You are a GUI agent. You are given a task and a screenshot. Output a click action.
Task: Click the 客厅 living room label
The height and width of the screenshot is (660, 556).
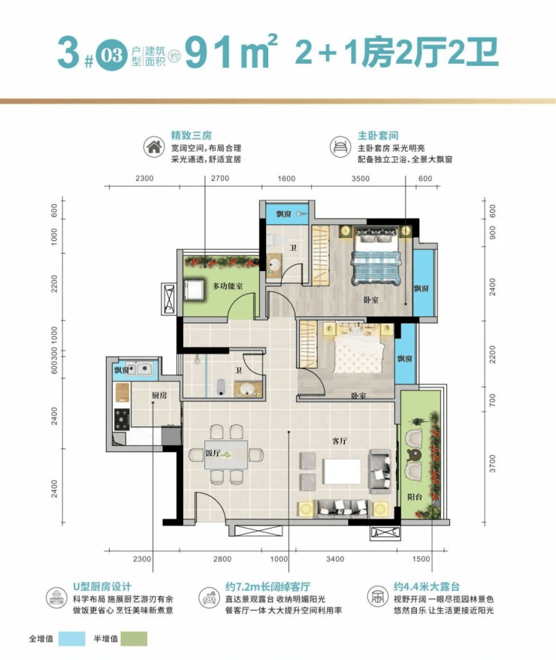[x=340, y=441]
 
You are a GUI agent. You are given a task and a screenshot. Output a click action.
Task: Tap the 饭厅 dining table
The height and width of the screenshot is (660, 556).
[x=226, y=454]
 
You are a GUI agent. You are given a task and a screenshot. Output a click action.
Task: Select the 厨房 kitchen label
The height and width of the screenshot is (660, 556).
[x=159, y=395]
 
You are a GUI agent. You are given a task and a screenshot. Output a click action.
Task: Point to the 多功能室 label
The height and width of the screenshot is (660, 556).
[x=228, y=286]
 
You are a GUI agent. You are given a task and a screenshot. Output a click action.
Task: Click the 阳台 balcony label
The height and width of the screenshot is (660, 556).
[x=415, y=497]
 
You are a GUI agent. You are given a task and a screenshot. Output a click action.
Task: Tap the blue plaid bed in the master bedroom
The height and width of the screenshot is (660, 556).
[x=374, y=256]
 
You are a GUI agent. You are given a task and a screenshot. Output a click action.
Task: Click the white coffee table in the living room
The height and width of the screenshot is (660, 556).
[x=342, y=472]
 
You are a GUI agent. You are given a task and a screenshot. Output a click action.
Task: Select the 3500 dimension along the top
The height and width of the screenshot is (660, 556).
[x=361, y=179]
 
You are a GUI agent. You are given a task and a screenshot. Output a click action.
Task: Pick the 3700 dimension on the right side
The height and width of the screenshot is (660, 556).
[x=492, y=463]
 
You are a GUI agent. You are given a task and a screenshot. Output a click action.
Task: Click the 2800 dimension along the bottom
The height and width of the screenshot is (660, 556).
[x=222, y=559]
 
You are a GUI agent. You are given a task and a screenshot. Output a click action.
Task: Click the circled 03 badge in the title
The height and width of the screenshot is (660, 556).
[x=112, y=55]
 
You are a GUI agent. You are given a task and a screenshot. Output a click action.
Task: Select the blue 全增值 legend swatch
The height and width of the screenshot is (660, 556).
[x=71, y=638]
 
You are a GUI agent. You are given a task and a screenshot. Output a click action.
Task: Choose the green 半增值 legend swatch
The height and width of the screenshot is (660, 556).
[x=134, y=638]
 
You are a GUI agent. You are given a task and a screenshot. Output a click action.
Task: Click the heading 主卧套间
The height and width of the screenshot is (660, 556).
[x=378, y=136]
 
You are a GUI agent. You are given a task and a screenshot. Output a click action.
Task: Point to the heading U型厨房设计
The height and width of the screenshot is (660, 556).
[x=102, y=586]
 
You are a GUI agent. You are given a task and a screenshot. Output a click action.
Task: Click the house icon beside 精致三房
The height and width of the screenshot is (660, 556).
[x=154, y=147]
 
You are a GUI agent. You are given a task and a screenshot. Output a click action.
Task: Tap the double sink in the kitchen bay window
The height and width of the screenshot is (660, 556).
[x=139, y=369]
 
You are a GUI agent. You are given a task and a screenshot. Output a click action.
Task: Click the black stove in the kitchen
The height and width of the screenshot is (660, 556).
[x=122, y=419]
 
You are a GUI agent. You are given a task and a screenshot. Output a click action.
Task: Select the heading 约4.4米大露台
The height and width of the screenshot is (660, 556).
[x=426, y=586]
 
